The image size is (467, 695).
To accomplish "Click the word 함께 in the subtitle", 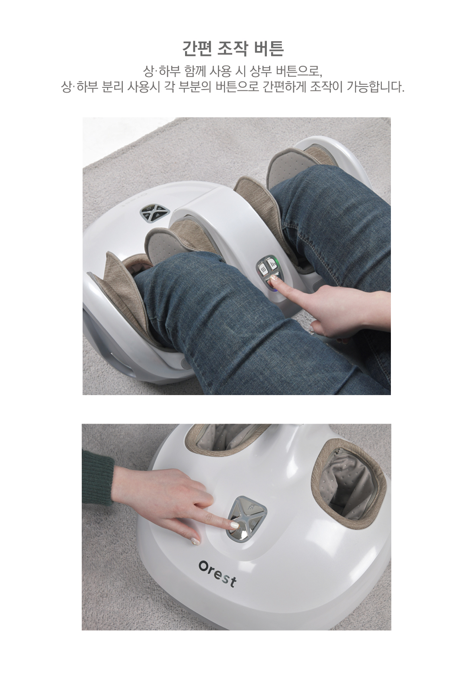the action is coord(195,71).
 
